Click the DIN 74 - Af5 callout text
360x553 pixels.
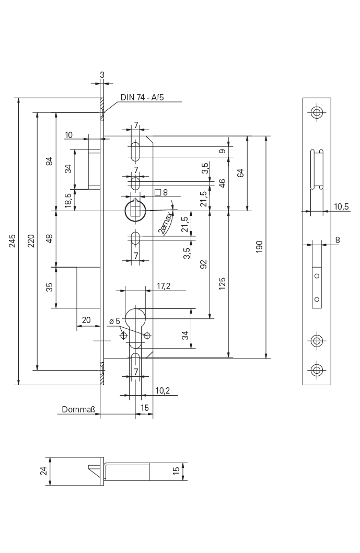142,97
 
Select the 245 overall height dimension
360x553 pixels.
13,241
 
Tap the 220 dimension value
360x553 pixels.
31,240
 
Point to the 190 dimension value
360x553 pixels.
259,247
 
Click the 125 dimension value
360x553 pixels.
222,284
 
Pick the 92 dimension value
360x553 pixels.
203,264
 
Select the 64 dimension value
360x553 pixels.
240,173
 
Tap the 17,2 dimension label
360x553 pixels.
163,286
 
